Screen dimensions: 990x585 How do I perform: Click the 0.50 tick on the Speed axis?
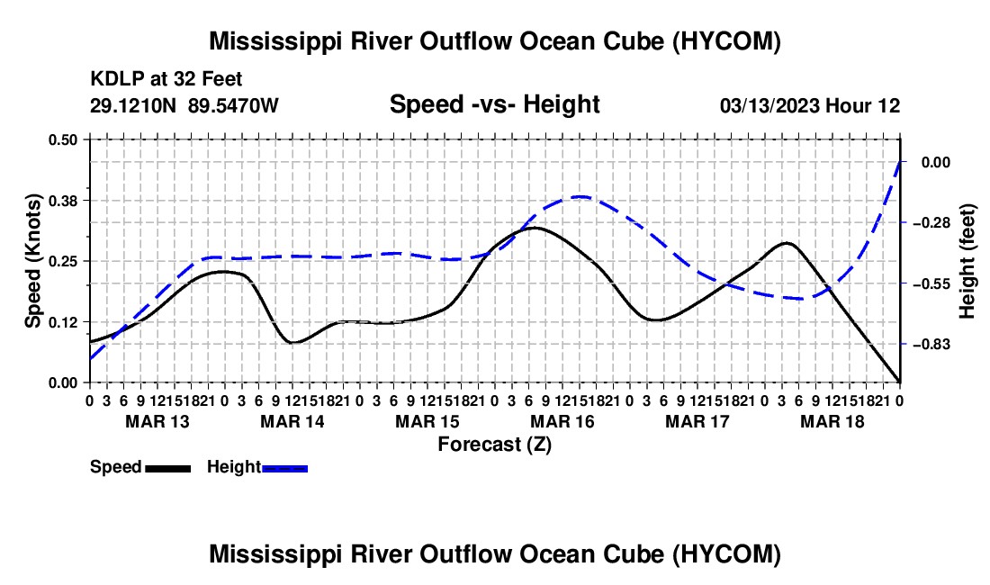(62, 139)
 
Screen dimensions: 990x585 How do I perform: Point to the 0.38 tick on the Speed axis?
(62, 201)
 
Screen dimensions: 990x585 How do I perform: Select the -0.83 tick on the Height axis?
(931, 345)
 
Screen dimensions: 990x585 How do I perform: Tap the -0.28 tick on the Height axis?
(931, 223)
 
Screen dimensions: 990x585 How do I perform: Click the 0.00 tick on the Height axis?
(936, 162)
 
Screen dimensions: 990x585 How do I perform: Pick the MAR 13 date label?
(157, 421)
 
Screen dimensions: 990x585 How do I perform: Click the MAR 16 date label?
(562, 421)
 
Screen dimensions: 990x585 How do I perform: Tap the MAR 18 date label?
(832, 421)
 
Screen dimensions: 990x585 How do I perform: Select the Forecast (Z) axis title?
(495, 445)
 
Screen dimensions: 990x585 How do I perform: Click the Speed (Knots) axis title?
(33, 261)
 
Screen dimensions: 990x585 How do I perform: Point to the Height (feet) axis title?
(967, 261)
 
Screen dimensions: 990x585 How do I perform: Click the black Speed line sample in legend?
(168, 468)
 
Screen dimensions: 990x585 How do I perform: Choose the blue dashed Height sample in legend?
(284, 468)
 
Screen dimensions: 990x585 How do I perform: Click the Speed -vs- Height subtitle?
(495, 104)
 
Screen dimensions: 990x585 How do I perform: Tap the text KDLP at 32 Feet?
(166, 79)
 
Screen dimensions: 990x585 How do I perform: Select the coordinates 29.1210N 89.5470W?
(184, 105)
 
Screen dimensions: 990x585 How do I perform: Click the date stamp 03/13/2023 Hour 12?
(810, 105)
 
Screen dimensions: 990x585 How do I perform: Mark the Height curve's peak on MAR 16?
(580, 197)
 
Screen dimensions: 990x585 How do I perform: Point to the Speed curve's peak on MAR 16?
(535, 228)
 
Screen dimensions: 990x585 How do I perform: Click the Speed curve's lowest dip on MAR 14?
(293, 342)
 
